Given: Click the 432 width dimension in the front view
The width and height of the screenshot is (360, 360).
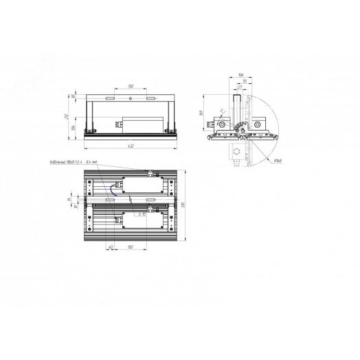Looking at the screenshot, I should (x=131, y=147).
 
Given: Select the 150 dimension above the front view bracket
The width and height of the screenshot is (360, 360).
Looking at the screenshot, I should (x=131, y=87).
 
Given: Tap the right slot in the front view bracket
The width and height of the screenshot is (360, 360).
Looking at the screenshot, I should (x=150, y=100).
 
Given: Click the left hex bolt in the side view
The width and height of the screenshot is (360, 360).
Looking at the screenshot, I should (x=222, y=125).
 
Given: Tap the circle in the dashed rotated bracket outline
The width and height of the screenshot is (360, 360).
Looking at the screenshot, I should (x=236, y=150).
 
